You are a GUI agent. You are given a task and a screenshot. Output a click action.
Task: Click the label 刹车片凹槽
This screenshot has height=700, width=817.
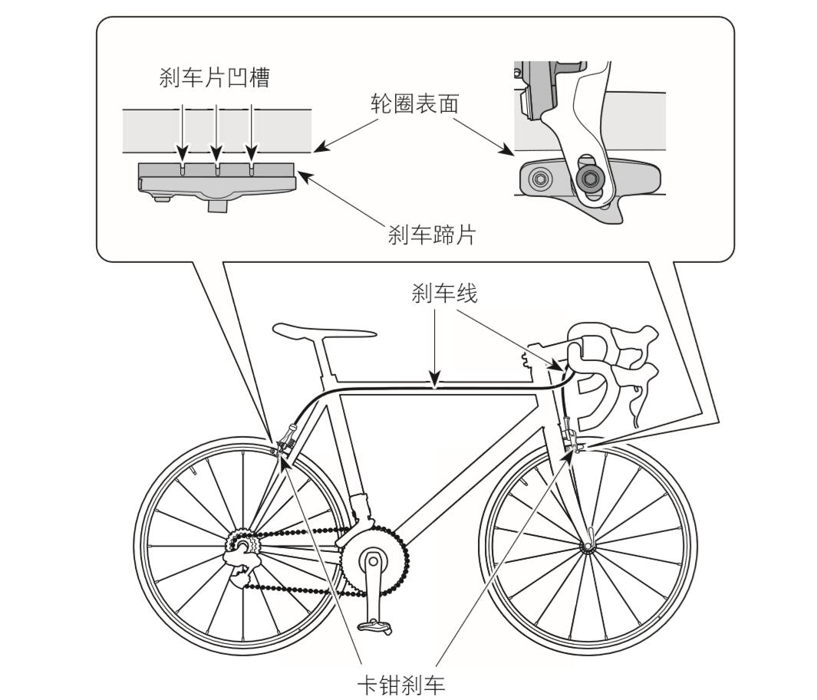pos(215,77)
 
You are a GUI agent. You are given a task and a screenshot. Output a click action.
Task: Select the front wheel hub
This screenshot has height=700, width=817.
pos(588,547)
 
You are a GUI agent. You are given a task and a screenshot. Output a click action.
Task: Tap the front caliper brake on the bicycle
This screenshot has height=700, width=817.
pos(572,441)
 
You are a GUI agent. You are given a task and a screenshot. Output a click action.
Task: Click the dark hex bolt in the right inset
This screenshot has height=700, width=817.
pos(590,180)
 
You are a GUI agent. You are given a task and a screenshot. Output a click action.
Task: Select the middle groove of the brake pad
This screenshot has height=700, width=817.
pos(217,169)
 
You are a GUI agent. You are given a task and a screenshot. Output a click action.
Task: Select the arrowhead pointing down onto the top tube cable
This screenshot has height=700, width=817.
pos(435,380)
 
